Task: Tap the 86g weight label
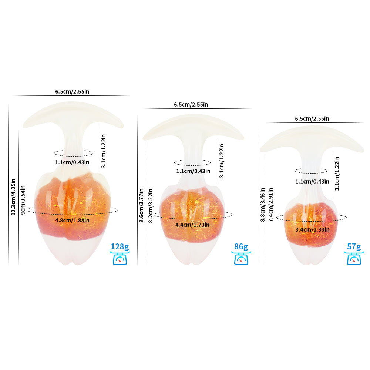tap(241, 247)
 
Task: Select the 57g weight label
tap(354, 247)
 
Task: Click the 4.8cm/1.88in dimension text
tap(72, 221)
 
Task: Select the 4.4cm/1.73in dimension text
tap(192, 225)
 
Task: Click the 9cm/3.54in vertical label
tap(23, 200)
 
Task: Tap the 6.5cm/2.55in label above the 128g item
tap(72, 91)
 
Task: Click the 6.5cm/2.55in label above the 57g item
tap(312, 119)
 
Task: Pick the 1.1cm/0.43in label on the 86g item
tap(193, 171)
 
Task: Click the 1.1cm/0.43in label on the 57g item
tap(312, 181)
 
